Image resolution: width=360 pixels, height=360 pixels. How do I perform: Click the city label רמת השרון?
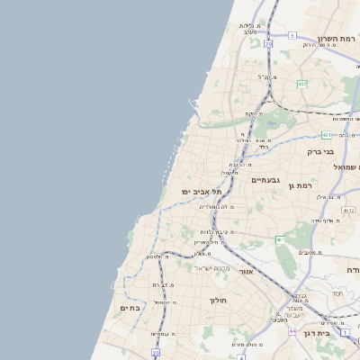[x=337, y=40]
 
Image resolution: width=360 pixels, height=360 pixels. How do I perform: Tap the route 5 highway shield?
[x=292, y=35]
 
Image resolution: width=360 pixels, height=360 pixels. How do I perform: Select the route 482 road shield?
[x=302, y=84]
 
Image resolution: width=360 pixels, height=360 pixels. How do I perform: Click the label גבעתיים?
[x=265, y=180]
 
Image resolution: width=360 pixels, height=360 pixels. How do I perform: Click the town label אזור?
[x=247, y=270]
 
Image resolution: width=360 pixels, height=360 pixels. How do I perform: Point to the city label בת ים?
[x=131, y=308]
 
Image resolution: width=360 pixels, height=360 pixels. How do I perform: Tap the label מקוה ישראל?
[x=211, y=268]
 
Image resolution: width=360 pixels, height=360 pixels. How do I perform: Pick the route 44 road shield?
[x=292, y=330]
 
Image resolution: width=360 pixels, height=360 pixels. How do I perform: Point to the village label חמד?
[x=337, y=293]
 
